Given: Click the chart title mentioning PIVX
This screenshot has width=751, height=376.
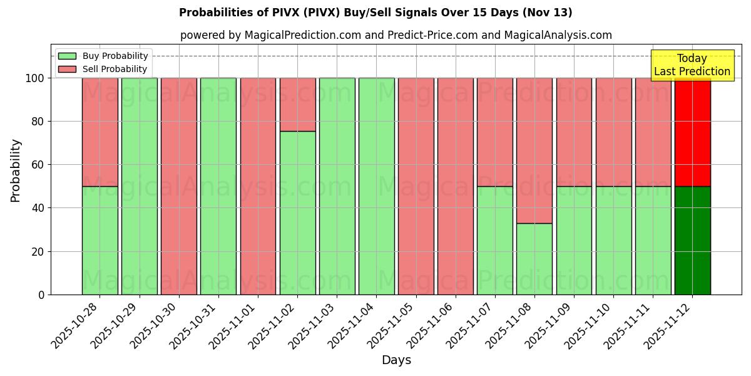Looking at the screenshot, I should (375, 13).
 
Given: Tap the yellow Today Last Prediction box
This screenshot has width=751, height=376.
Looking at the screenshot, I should (692, 65).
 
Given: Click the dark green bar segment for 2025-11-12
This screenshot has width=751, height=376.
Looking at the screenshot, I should (692, 240).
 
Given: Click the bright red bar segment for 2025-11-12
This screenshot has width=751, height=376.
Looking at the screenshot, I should (692, 132).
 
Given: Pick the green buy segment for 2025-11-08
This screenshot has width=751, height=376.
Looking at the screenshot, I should (534, 258).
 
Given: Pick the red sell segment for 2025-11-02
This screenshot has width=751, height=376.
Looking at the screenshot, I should (297, 105).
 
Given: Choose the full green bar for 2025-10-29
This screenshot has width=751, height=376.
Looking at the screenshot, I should (139, 186).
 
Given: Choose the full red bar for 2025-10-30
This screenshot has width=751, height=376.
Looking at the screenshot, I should (178, 186).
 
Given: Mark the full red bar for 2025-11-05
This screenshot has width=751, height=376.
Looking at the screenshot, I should (416, 186).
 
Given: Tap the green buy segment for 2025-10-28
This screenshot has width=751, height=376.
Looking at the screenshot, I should (100, 240).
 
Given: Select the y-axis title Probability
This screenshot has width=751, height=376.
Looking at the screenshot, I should (16, 170).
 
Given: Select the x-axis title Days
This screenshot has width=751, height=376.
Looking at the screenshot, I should (396, 360).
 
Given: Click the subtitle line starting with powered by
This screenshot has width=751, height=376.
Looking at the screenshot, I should (396, 35).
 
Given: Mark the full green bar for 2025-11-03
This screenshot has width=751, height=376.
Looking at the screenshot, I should (337, 186).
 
